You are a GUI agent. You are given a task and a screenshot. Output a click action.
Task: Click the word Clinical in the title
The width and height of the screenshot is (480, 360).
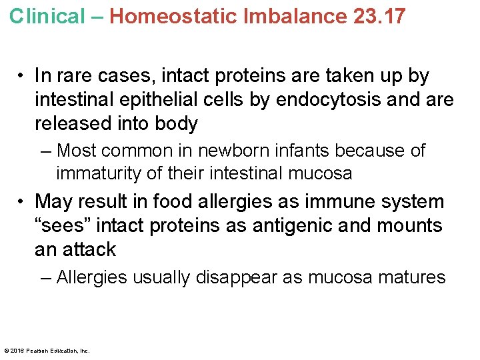pyautogui.click(x=47, y=16)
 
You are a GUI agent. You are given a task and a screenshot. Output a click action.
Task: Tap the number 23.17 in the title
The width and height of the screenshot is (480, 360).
pyautogui.click(x=379, y=16)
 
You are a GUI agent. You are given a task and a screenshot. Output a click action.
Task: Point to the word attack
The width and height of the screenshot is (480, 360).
pyautogui.click(x=91, y=249)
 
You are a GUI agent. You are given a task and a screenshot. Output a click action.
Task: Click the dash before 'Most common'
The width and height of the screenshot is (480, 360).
pyautogui.click(x=45, y=151)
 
